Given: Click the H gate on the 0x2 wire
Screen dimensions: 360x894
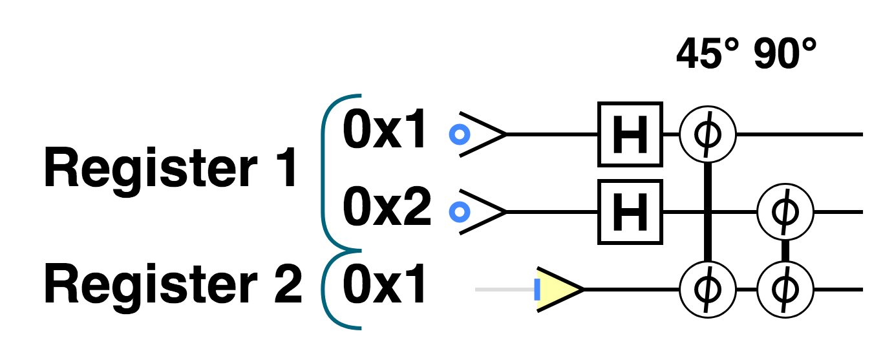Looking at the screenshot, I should (x=630, y=212).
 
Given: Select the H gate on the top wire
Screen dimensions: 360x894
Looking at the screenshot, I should (x=630, y=134).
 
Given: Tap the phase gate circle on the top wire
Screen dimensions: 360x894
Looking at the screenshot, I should (x=708, y=134).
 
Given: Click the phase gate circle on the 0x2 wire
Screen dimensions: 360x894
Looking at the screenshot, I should (x=785, y=212).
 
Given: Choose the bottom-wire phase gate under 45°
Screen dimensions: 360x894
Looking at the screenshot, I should (x=708, y=290).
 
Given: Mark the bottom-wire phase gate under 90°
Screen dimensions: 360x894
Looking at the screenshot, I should (x=785, y=290).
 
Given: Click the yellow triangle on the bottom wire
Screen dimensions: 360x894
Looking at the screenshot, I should (x=557, y=290).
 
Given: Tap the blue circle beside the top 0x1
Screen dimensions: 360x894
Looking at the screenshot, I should (x=459, y=134).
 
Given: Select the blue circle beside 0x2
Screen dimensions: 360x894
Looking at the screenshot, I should (x=459, y=211).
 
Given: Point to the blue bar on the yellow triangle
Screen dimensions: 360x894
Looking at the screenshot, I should (x=537, y=290).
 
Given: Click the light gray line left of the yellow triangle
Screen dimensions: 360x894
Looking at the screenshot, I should (x=504, y=290).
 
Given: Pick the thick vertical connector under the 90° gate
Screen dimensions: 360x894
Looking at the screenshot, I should (x=785, y=251).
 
